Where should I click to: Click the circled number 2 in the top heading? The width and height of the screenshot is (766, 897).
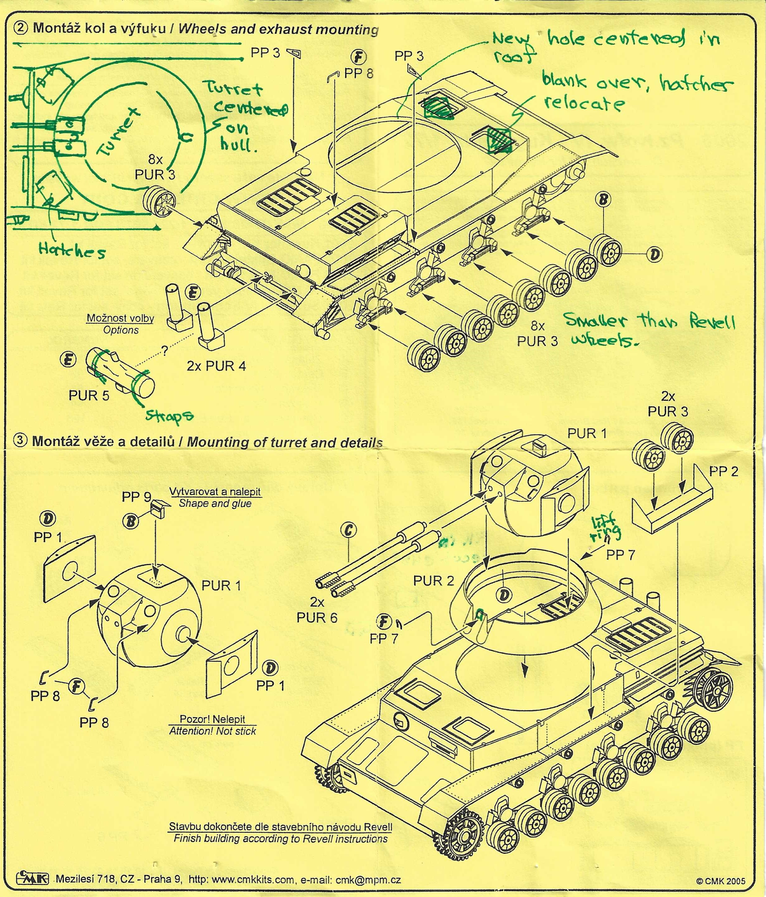[x=21, y=28]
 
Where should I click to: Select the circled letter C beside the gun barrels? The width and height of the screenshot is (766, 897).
[x=349, y=530]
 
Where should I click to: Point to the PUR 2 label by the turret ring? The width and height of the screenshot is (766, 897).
[x=434, y=581]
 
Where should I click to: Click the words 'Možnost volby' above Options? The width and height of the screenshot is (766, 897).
[x=120, y=318]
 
